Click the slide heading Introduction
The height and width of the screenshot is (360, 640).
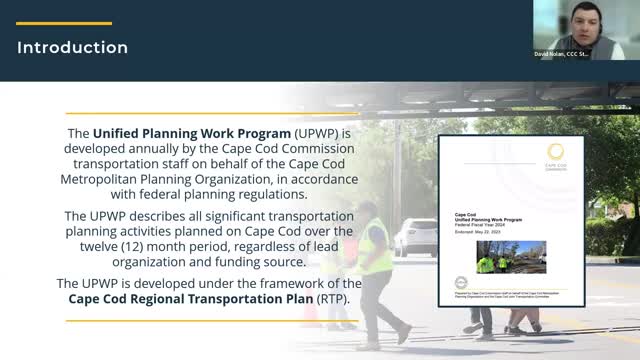click(73, 48)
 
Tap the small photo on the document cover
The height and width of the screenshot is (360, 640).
click(510, 257)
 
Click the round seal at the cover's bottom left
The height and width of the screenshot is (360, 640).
click(461, 283)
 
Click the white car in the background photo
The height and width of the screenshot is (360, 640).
click(416, 237)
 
